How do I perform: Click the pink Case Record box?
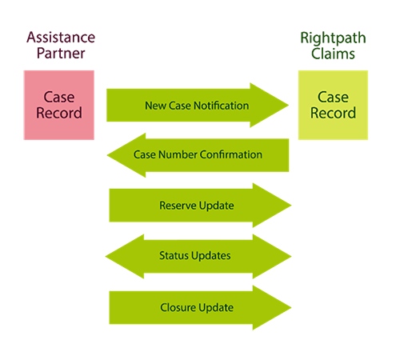point(60,104)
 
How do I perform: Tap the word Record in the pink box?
point(60,113)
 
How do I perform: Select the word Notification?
point(221,106)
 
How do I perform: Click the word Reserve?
point(178,206)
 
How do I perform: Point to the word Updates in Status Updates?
point(213,255)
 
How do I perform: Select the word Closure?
point(178,307)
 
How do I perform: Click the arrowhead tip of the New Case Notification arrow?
point(288,106)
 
